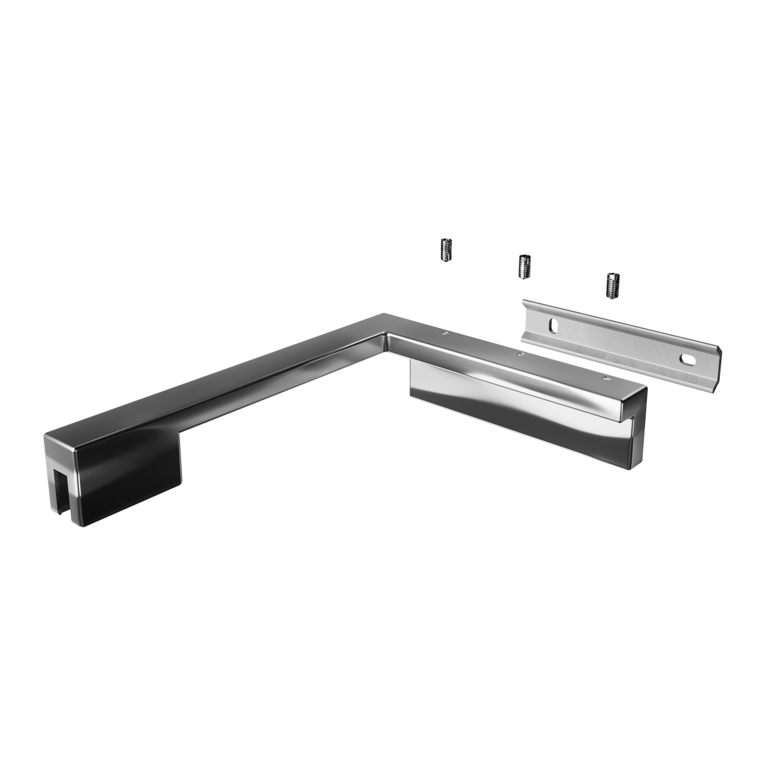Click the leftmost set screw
coord(445,250)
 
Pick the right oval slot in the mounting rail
coord(686,359)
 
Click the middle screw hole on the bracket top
coord(520,354)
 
